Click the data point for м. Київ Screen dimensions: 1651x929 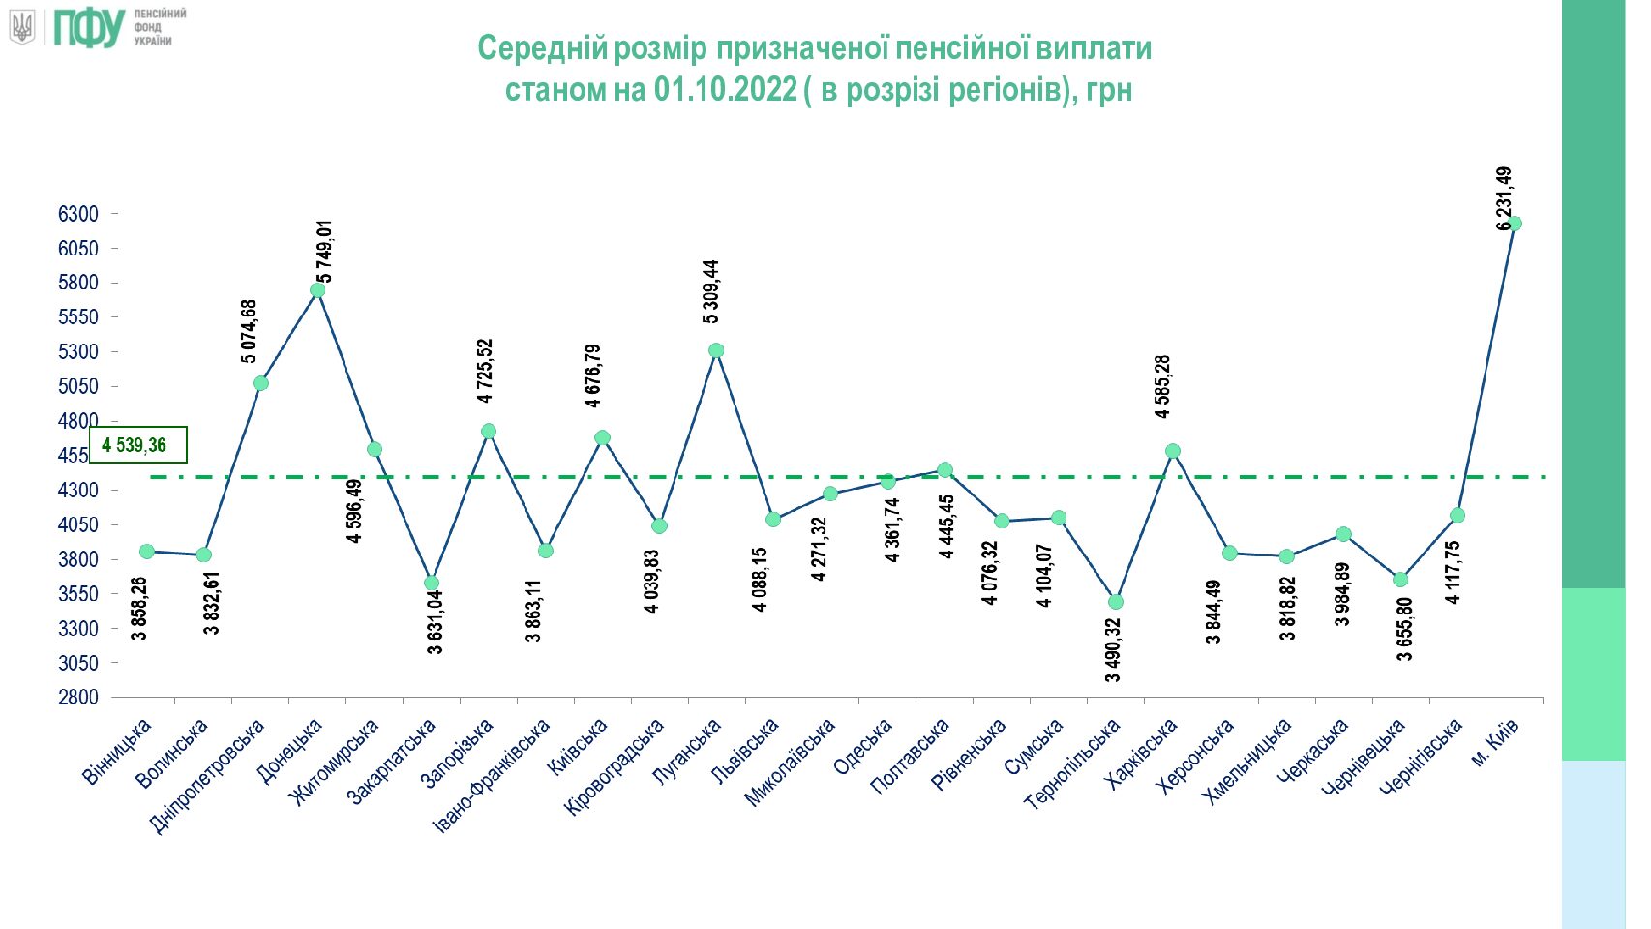pyautogui.click(x=1514, y=224)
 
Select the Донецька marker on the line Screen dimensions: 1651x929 pyautogui.click(x=317, y=290)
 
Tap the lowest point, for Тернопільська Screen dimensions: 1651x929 pyautogui.click(x=1116, y=602)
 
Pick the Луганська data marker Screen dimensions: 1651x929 pyautogui.click(x=716, y=350)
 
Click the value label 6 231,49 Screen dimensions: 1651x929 pyautogui.click(x=1504, y=198)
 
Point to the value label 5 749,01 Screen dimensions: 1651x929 pyautogui.click(x=325, y=252)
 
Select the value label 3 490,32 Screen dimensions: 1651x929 pyautogui.click(x=1113, y=650)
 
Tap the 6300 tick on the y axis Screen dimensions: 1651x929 pyautogui.click(x=78, y=214)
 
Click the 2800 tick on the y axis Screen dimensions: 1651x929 pyautogui.click(x=78, y=698)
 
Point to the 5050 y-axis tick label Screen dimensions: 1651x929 pyautogui.click(x=78, y=386)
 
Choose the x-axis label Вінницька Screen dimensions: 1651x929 pyautogui.click(x=116, y=751)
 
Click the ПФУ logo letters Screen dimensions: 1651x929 pyautogui.click(x=89, y=28)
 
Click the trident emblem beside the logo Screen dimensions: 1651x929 pyautogui.click(x=22, y=27)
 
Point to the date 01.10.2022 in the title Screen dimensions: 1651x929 pyautogui.click(x=725, y=90)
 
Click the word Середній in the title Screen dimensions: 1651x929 pyautogui.click(x=543, y=48)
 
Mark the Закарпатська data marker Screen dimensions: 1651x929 pyautogui.click(x=432, y=584)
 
